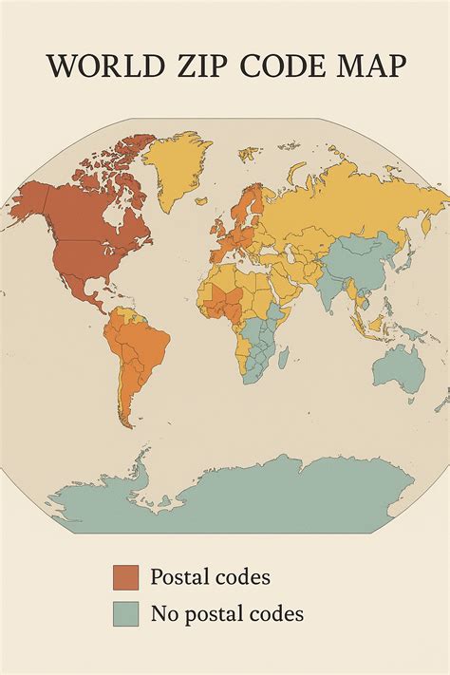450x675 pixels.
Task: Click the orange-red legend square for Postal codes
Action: click(125, 577)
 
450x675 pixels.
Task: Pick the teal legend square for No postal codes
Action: click(125, 614)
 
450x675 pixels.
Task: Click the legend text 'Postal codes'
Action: click(210, 577)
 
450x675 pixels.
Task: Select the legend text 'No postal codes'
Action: click(227, 614)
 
